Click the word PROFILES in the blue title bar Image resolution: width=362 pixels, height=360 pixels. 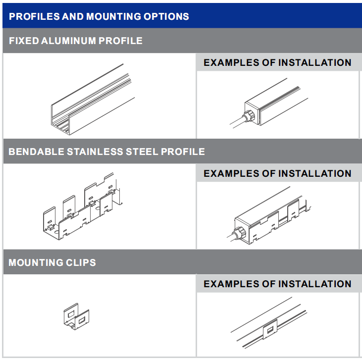coord(34,17)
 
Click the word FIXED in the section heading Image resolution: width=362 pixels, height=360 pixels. coord(24,41)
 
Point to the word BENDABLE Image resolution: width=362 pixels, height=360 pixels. coord(36,152)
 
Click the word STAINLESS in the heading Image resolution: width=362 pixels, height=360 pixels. coord(95,152)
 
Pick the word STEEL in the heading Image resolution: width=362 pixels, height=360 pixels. coord(142,152)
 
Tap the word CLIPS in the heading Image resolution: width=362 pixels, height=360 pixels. coord(81,263)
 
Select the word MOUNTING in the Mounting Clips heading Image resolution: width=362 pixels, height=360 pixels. coord(36,263)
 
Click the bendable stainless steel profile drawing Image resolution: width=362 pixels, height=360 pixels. coord(82,206)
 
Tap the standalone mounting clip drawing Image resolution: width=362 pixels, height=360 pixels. coord(76,316)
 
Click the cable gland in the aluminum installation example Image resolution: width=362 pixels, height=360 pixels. coord(248,116)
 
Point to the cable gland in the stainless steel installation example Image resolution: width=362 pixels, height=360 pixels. coord(239,233)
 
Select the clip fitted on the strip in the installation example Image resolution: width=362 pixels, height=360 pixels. coord(270,329)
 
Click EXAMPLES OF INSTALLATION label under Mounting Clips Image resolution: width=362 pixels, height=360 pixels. coord(277,284)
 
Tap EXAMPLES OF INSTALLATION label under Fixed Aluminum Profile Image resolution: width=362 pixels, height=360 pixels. coord(277,62)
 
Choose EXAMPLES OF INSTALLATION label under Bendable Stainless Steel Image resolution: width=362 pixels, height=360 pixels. coord(277,173)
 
